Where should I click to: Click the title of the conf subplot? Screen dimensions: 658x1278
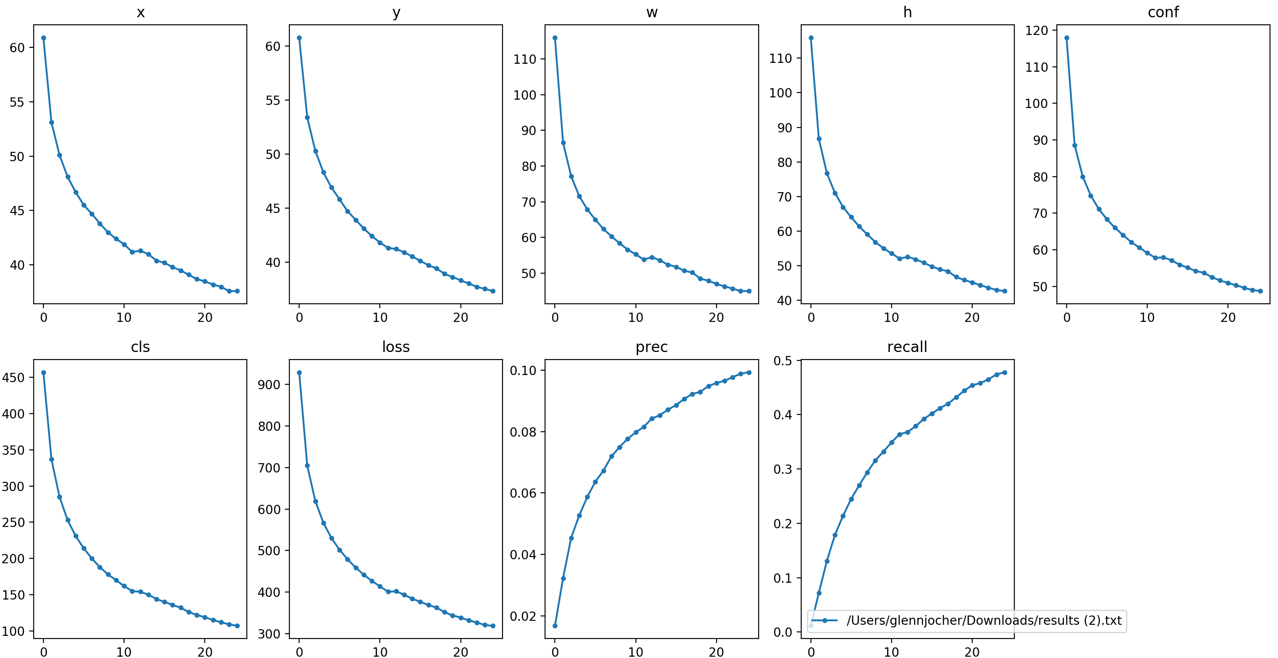1163,12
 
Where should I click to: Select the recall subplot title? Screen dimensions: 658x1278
907,347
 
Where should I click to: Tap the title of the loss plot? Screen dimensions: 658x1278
396,347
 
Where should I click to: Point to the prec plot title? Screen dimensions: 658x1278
651,347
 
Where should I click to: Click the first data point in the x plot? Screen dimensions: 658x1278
44,38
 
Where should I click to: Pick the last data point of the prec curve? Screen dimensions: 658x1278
748,372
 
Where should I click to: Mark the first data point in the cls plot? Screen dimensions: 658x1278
44,373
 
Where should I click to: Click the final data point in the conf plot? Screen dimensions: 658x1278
1260,291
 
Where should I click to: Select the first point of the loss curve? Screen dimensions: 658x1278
299,373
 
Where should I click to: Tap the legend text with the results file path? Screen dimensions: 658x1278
984,620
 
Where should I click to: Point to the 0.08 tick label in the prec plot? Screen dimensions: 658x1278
523,432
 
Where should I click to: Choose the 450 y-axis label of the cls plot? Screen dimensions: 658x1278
13,378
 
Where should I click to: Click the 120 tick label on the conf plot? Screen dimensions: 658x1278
1036,31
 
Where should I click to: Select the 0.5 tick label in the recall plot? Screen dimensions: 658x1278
783,361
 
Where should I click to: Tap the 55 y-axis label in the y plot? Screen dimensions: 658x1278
273,101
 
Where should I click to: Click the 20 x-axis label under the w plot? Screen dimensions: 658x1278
716,318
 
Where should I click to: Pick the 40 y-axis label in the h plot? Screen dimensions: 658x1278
784,301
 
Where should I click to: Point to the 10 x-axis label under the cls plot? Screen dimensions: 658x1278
124,652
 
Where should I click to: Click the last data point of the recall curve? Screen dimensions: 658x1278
1005,372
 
